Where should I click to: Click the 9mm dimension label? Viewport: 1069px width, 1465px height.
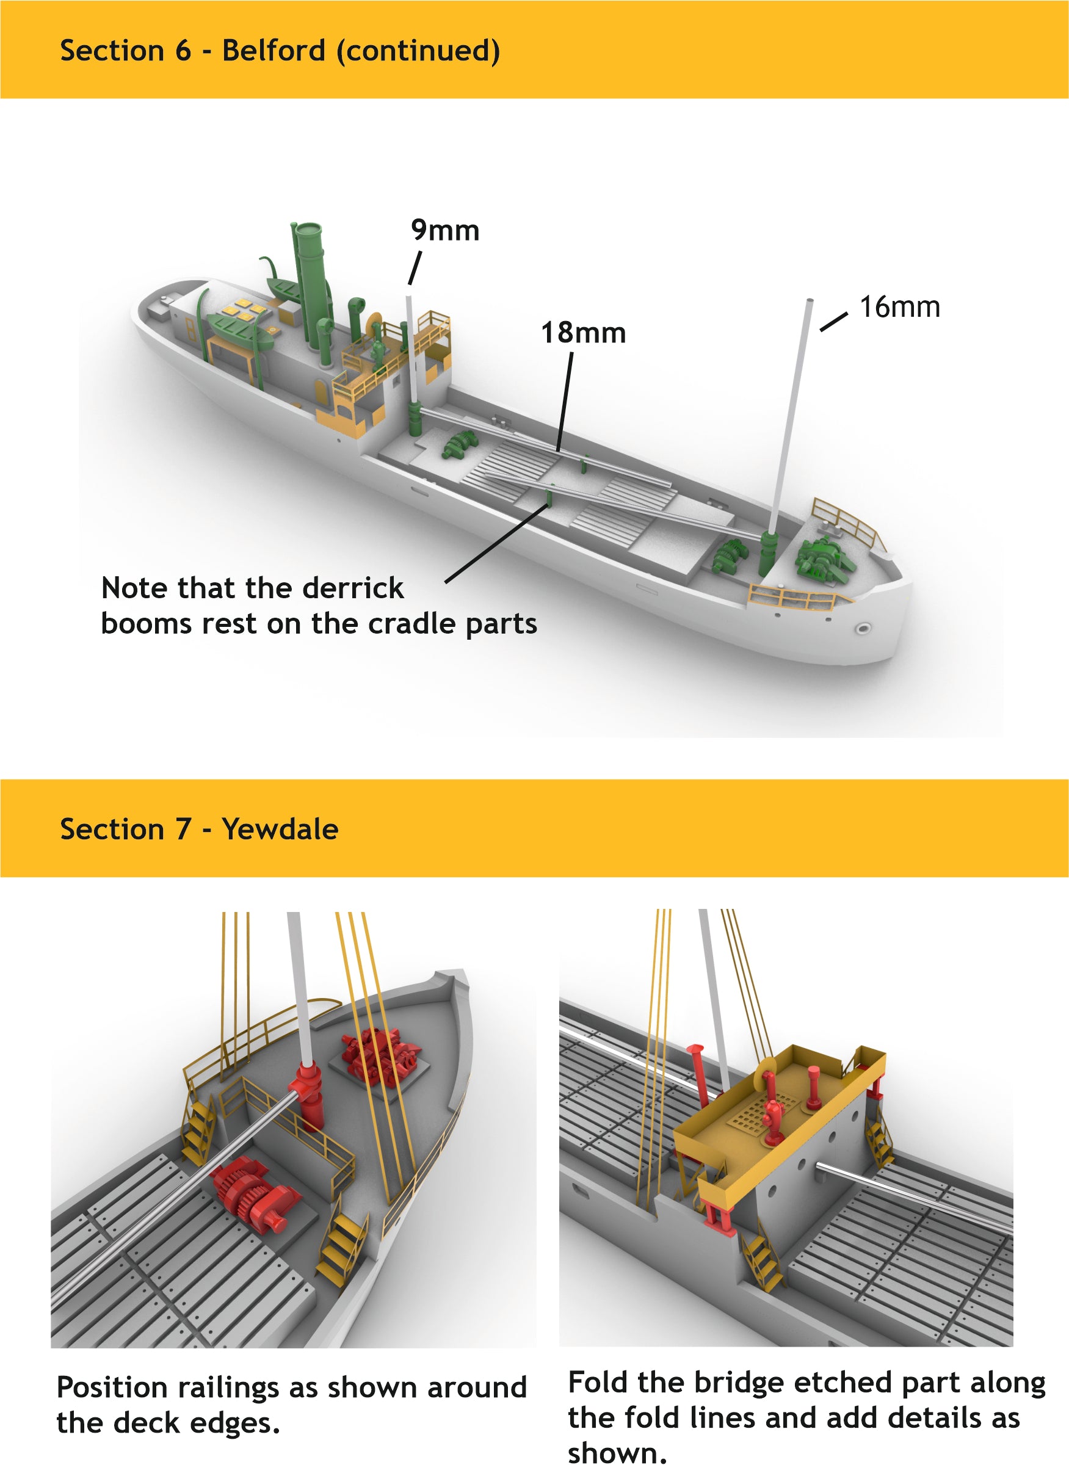point(444,231)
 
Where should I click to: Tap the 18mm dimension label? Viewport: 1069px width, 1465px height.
point(583,333)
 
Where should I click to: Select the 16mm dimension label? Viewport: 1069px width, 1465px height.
point(899,308)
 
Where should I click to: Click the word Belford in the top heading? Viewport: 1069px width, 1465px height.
point(273,51)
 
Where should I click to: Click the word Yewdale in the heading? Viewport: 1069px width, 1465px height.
point(280,829)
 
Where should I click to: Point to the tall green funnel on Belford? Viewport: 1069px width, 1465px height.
point(310,272)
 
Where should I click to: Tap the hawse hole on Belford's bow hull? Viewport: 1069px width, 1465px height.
point(863,628)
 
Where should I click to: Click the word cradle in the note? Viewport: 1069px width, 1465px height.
point(411,624)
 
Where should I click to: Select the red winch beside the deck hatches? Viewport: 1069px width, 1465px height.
point(253,1191)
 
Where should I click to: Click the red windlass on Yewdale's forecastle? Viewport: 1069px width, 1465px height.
point(379,1054)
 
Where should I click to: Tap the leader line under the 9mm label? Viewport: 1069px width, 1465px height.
point(415,267)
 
